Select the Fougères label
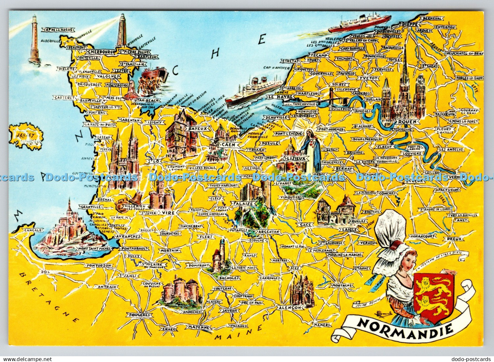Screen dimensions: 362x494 (140, 315)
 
